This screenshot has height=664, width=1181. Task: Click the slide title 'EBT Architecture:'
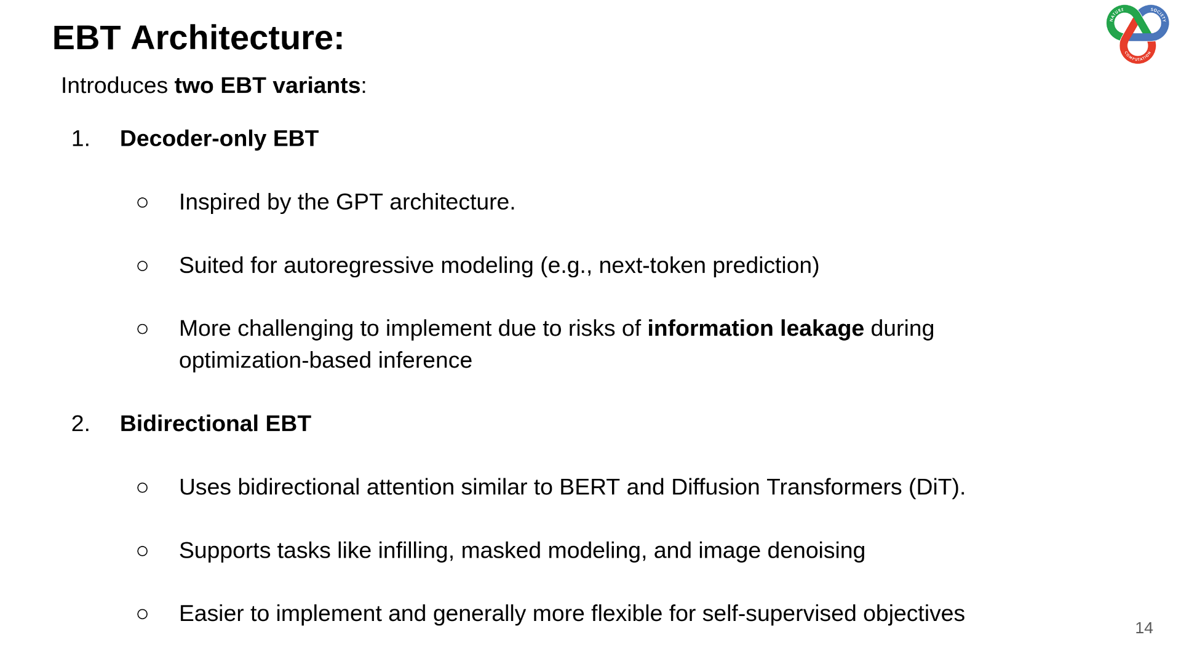click(198, 38)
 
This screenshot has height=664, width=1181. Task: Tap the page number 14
click(1143, 628)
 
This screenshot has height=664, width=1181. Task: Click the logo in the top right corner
click(1137, 34)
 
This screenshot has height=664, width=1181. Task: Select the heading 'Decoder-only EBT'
click(219, 139)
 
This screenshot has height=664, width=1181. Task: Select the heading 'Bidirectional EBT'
click(215, 424)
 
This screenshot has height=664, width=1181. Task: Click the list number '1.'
click(81, 139)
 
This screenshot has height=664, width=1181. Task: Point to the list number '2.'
click(81, 424)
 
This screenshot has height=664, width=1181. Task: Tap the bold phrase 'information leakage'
click(755, 329)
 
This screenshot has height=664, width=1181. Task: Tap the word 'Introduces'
click(114, 85)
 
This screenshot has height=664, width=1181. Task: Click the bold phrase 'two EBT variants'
click(268, 85)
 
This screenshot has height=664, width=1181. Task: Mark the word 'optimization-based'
click(275, 361)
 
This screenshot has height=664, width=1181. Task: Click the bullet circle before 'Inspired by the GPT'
click(143, 202)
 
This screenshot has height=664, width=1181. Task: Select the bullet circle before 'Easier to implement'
click(143, 614)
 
